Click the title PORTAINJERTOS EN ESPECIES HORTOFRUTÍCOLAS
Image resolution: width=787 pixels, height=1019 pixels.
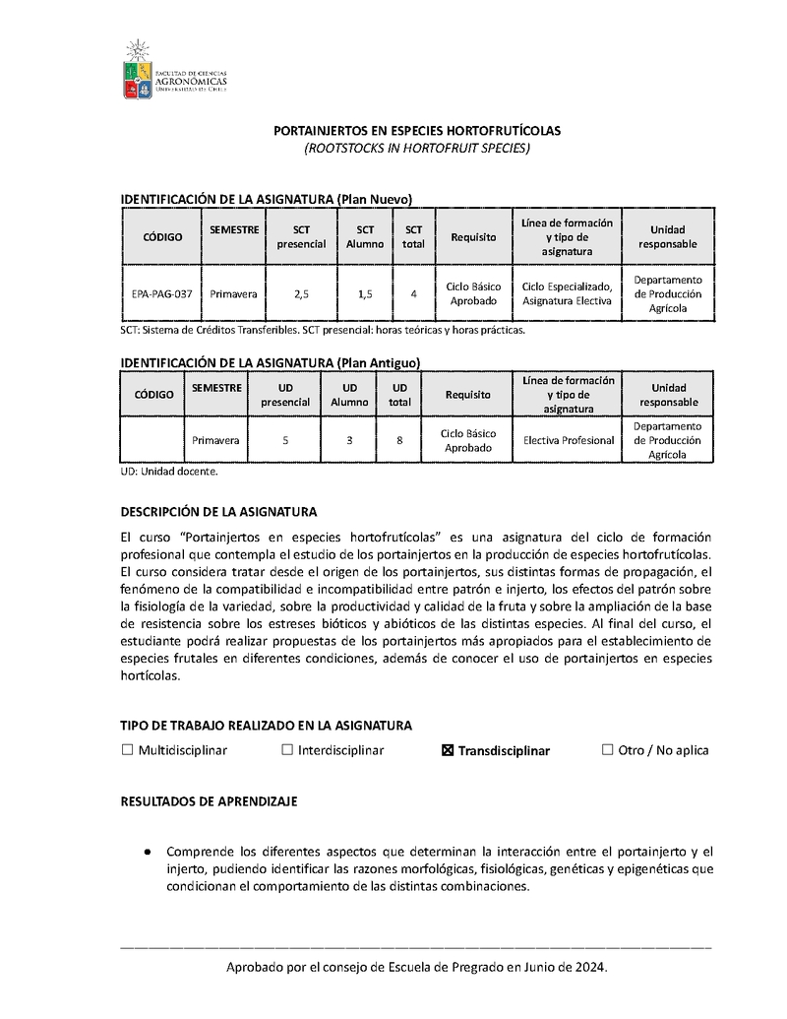tap(416, 130)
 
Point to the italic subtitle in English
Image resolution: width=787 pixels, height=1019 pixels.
tap(416, 148)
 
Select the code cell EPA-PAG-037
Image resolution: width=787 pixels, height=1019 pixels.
tap(161, 293)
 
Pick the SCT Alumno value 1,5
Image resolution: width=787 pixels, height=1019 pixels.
tap(364, 293)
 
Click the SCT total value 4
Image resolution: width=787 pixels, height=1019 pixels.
tap(414, 293)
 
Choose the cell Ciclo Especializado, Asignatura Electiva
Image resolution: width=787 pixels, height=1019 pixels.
tap(567, 293)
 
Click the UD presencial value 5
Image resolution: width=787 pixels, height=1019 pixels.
tap(285, 440)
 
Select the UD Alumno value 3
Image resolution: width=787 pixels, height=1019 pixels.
tap(349, 440)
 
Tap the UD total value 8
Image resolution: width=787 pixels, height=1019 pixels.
tap(399, 440)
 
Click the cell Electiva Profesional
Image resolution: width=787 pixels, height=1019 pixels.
tap(569, 440)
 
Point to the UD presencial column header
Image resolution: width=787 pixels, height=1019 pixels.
tap(285, 395)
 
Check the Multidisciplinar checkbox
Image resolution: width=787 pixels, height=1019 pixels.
tap(127, 750)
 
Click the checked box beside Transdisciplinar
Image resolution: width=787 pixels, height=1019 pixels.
tap(448, 750)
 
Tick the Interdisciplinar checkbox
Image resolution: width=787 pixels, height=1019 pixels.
tap(287, 750)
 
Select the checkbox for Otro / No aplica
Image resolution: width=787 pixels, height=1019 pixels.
tap(607, 750)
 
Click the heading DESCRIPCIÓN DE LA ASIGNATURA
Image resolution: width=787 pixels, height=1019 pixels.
tap(218, 512)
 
